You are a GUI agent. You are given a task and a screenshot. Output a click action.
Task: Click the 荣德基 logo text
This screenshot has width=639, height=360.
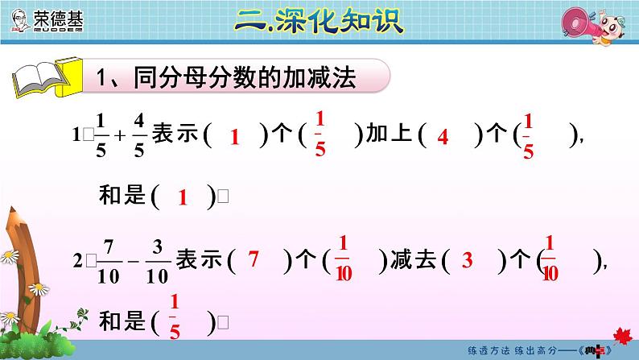(57, 17)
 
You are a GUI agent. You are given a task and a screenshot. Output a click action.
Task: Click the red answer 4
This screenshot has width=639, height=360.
(442, 138)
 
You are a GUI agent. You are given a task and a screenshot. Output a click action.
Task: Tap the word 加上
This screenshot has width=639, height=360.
(389, 135)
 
